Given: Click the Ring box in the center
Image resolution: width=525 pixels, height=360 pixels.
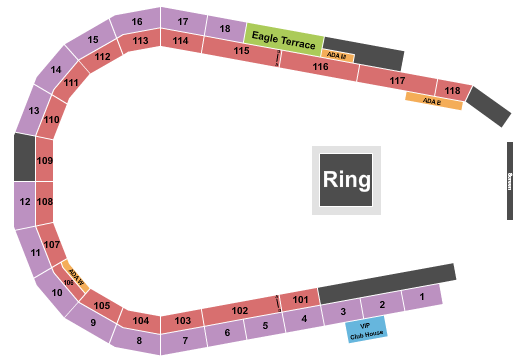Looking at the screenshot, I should [x=347, y=181].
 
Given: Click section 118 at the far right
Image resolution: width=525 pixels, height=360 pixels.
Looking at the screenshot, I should [x=453, y=91].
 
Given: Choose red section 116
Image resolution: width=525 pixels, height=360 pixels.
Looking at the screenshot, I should [x=319, y=66].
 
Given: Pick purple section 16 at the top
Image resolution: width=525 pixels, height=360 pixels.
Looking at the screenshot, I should [x=137, y=22].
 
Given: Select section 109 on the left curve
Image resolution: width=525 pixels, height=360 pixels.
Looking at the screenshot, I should [x=45, y=160].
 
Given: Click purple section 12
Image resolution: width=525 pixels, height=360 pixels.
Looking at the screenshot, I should [x=24, y=202].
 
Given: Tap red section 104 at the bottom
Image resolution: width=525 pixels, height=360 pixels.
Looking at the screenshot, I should [x=141, y=321].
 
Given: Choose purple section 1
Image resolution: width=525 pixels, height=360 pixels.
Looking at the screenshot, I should [x=423, y=297].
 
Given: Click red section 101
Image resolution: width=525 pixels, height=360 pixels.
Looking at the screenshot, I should [x=300, y=299].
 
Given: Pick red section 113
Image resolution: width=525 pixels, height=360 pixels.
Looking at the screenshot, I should [x=140, y=41].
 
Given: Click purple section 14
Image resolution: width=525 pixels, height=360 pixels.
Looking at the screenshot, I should [x=56, y=70].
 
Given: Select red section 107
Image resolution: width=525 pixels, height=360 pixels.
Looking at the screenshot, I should [x=53, y=244].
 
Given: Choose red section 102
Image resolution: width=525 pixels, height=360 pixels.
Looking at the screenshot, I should [x=239, y=311].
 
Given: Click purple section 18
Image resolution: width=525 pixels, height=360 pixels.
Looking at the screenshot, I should [x=226, y=29].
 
